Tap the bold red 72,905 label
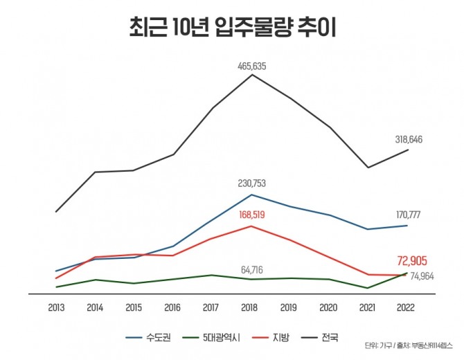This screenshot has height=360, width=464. click(412, 261)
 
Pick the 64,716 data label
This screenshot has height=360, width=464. click(251, 269)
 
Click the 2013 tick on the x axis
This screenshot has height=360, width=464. click(56, 307)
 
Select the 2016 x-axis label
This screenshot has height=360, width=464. click(172, 307)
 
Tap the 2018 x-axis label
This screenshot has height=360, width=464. click(251, 307)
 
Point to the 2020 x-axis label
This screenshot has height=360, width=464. click(329, 307)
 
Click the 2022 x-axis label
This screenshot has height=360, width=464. click(407, 307)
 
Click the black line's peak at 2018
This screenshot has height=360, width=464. click(251, 75)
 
